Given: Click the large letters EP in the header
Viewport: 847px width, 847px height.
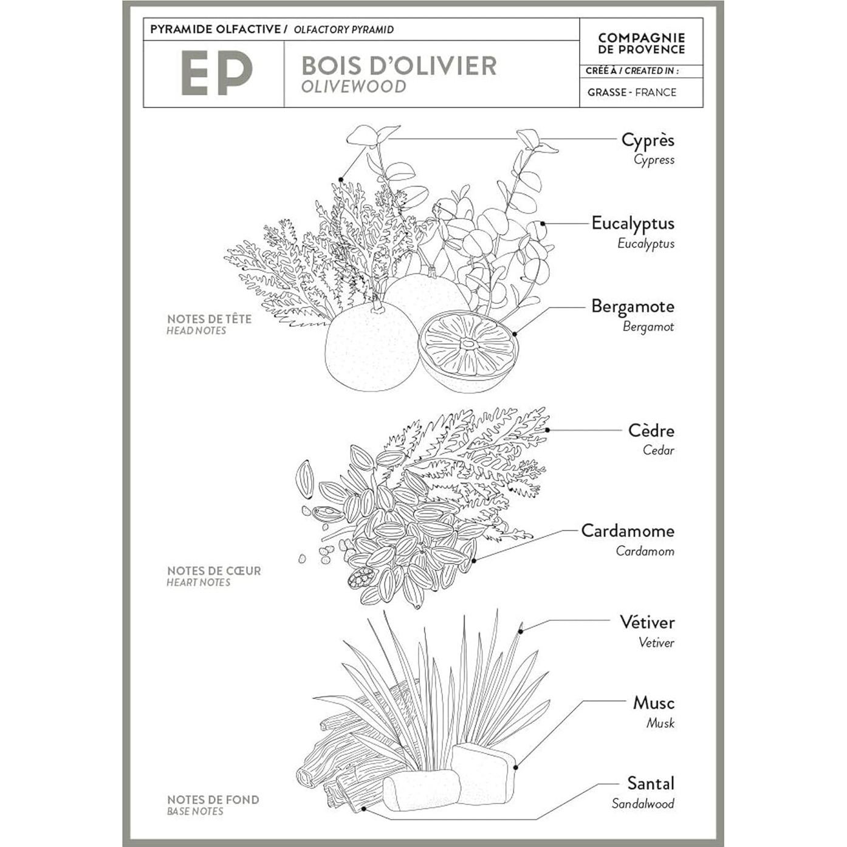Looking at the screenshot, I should coord(216,73).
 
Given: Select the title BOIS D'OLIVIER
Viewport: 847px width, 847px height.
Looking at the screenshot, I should coord(399,66).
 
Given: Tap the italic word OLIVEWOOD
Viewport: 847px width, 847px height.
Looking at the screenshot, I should coord(354,86).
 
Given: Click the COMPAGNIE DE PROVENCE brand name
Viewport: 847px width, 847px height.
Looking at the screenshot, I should coord(641,44).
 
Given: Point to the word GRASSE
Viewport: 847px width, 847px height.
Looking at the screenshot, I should coord(606,92).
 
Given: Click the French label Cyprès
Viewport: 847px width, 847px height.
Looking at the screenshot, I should coord(647,140).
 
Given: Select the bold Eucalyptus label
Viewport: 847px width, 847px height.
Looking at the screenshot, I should coord(633,223).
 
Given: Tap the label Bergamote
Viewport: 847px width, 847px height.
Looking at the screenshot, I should coord(633,306).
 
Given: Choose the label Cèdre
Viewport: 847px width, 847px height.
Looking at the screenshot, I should coord(651,431).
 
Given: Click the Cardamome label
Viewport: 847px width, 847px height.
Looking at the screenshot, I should coord(627,531).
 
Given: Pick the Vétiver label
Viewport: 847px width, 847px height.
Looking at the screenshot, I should coord(646,622).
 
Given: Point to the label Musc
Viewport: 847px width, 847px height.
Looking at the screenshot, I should coord(653,703).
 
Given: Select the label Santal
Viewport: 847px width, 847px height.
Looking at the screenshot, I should coord(650,783).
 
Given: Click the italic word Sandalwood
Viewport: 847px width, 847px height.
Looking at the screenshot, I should coord(642,804).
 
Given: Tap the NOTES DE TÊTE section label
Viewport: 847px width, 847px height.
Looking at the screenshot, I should coord(209,319).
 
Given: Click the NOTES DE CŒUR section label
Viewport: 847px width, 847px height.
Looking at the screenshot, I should coord(214,571).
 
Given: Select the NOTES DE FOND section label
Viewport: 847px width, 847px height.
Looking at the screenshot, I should coord(213,800).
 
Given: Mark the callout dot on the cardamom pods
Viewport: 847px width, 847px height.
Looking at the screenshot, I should coord(474,560).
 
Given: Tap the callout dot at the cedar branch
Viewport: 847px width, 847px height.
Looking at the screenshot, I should coord(547,430).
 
